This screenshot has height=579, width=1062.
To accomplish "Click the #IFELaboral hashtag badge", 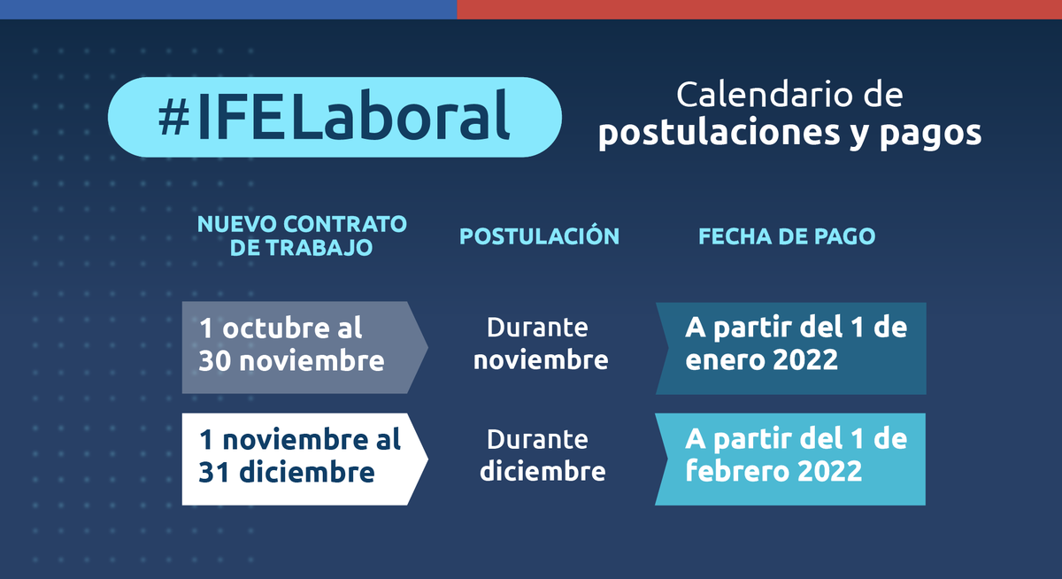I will pos(335,118).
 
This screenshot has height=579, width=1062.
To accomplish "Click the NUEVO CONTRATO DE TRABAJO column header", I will pos(302,235).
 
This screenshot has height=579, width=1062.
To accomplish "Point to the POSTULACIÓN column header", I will pos(539,236).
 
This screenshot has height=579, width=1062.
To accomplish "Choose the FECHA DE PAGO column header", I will pos(787,236).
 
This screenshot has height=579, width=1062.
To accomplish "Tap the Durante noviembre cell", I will pos(540,344).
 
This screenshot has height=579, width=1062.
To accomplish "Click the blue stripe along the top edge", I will pos(228,9).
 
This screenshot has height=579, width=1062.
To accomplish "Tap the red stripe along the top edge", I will pos(759,9).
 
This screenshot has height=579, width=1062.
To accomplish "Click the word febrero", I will pos(734,472).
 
